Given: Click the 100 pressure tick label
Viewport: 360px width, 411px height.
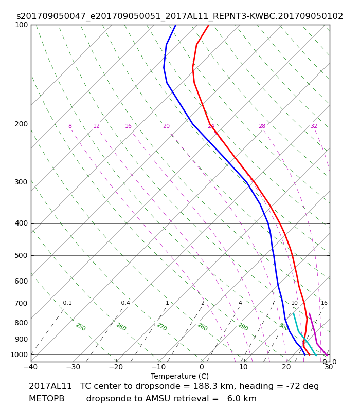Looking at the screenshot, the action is pyautogui.click(x=21, y=25).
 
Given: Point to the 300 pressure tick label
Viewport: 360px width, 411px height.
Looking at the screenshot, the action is pyautogui.click(x=21, y=182).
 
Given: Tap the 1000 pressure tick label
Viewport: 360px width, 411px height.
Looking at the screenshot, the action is pyautogui.click(x=19, y=354).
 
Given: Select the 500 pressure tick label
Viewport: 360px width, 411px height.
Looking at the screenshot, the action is pyautogui.click(x=21, y=255).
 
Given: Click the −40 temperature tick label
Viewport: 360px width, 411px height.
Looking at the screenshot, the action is pyautogui.click(x=31, y=367).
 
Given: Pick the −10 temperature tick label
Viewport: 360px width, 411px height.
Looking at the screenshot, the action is pyautogui.click(x=159, y=367).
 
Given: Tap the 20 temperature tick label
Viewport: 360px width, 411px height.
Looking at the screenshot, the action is pyautogui.click(x=286, y=367).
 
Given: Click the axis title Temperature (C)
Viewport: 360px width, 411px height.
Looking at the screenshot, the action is pyautogui.click(x=179, y=376).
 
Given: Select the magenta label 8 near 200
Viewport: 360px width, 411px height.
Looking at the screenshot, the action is pyautogui.click(x=70, y=126).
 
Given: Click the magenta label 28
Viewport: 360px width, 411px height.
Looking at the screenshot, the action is pyautogui.click(x=262, y=126).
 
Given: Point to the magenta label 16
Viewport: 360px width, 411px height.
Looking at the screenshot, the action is pyautogui.click(x=128, y=126).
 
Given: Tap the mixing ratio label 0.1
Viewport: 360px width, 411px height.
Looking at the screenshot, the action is pyautogui.click(x=67, y=303).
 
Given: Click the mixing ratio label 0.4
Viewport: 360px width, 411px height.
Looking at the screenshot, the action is pyautogui.click(x=125, y=303).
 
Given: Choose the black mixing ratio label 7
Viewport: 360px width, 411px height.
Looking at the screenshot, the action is pyautogui.click(x=273, y=303).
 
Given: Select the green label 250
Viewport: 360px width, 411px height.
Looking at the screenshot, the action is pyautogui.click(x=81, y=327).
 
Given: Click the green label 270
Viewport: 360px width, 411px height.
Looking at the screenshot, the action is pyautogui.click(x=162, y=327).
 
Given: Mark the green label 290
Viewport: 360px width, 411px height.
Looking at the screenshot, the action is pyautogui.click(x=243, y=327).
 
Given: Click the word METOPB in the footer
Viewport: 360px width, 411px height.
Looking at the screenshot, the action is pyautogui.click(x=47, y=399).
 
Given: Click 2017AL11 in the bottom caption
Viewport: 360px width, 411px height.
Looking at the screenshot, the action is pyautogui.click(x=50, y=386).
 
